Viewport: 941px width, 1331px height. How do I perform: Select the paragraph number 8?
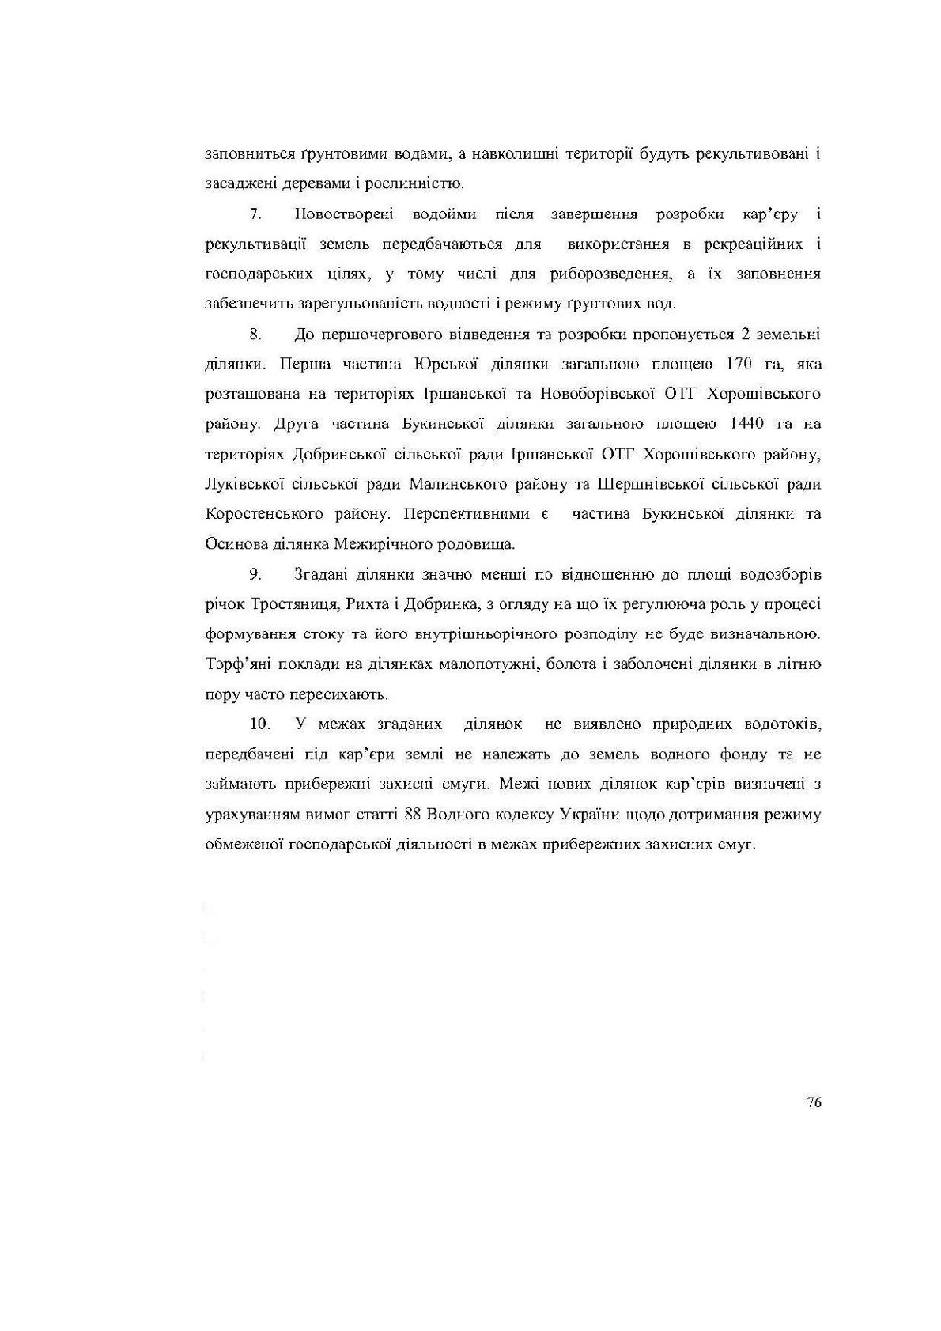tap(255, 334)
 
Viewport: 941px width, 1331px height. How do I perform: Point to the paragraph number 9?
tap(255, 573)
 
